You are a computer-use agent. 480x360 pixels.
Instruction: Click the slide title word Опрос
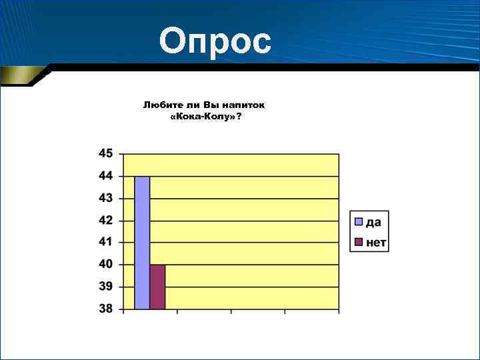pos(215,41)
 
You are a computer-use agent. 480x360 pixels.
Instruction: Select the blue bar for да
pos(142,243)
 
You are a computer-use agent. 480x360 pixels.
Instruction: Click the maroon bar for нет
pos(157,287)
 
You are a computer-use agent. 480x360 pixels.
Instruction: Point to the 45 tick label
pos(106,153)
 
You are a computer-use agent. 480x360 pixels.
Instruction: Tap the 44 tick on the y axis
pos(106,176)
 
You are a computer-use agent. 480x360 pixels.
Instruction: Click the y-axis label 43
pos(106,198)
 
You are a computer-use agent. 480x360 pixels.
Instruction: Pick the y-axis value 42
pos(106,220)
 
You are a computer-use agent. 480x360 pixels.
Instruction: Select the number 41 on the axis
pos(106,242)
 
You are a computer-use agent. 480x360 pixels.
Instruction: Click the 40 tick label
pos(106,265)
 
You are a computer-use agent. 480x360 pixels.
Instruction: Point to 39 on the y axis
pos(106,287)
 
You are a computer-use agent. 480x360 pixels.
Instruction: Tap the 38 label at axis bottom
pos(106,309)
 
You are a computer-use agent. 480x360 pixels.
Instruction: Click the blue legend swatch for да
pos(358,221)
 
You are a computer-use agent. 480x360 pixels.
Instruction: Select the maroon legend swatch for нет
pos(358,242)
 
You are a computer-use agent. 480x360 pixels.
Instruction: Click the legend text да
pos(373,222)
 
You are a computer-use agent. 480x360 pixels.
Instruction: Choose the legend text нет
pos(376,242)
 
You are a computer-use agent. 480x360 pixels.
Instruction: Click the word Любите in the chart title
pos(160,105)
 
